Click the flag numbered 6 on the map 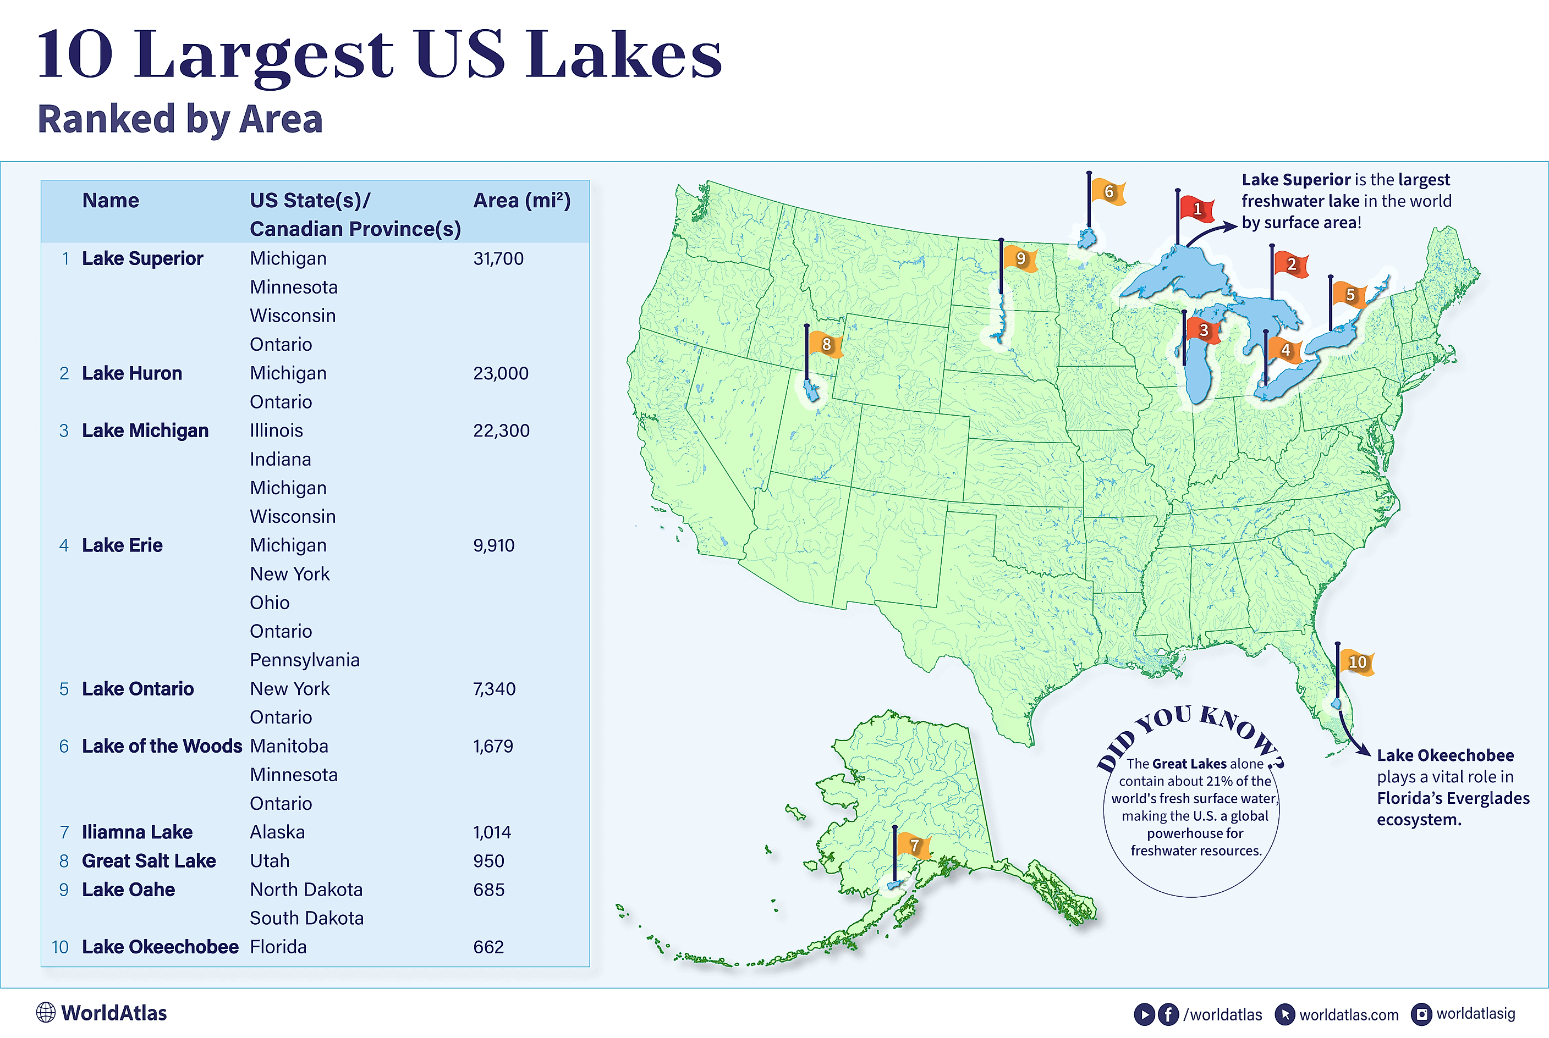(1107, 192)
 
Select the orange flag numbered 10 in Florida (1356, 662)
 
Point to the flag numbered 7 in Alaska (914, 846)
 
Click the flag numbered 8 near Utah (825, 344)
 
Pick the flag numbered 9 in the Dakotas (1020, 259)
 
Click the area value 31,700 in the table (498, 259)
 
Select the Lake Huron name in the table (132, 373)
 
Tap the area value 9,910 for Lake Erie (493, 545)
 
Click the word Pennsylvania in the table (305, 660)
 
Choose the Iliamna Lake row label (137, 832)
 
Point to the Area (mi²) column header (521, 201)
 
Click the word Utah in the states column (270, 860)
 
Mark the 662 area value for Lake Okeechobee (488, 947)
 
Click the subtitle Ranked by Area (179, 119)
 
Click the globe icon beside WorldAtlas (46, 1013)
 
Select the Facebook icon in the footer (1168, 1014)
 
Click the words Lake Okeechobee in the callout (1445, 755)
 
